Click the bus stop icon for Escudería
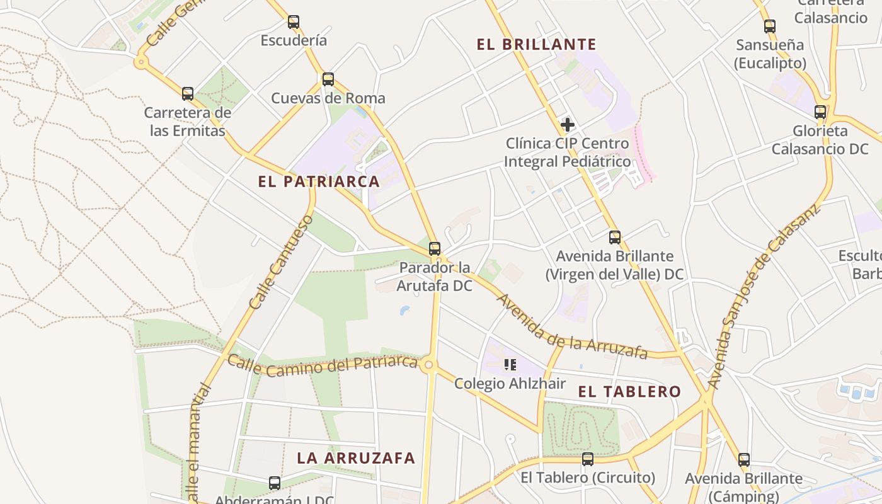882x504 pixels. click(294, 22)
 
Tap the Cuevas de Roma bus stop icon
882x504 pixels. click(328, 79)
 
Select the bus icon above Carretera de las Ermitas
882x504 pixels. click(188, 94)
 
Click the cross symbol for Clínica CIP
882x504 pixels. click(568, 125)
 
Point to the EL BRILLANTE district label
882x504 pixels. click(536, 44)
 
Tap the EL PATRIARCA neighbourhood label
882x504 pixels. click(319, 181)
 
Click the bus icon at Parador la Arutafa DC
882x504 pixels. click(435, 249)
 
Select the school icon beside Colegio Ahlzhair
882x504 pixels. click(510, 364)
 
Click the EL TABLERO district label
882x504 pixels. click(629, 391)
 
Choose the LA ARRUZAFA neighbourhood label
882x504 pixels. click(356, 458)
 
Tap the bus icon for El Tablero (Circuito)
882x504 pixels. click(588, 459)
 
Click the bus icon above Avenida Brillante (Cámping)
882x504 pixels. click(744, 460)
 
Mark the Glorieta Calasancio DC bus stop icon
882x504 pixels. click(820, 112)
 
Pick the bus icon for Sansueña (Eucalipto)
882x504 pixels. click(770, 26)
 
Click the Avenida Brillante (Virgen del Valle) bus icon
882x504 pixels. click(615, 238)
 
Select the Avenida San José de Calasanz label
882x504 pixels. click(763, 296)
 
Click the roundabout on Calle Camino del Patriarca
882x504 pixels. click(430, 365)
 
